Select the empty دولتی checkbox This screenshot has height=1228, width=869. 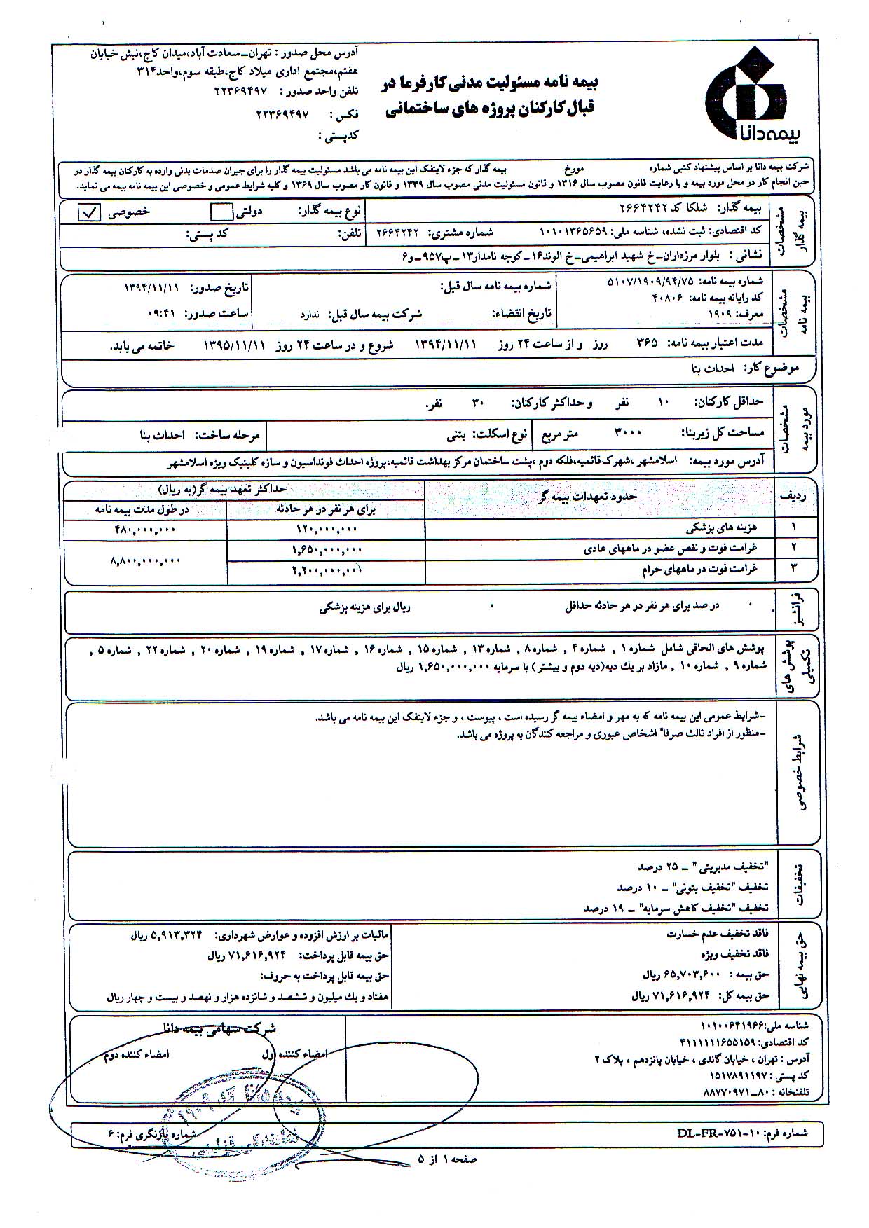click(x=221, y=212)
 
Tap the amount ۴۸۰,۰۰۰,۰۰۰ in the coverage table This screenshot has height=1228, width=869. click(x=145, y=530)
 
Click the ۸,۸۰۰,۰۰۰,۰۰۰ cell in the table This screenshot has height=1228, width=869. click(x=145, y=561)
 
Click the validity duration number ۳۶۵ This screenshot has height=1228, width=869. click(x=646, y=345)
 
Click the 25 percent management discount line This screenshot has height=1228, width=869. click(x=708, y=866)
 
